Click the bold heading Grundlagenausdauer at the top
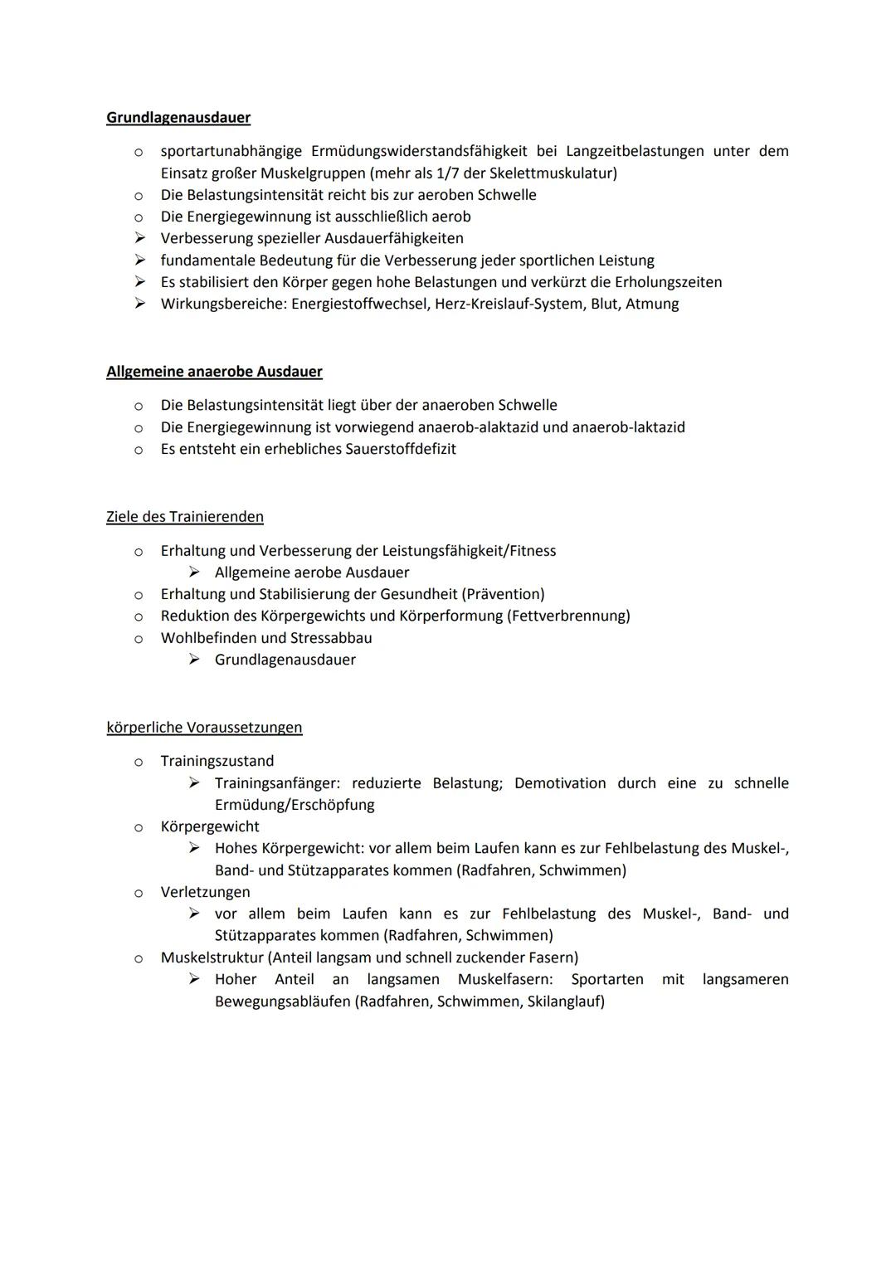178,118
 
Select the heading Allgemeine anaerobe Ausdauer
214,372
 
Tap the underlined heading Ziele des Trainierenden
185,517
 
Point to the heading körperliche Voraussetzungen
204,728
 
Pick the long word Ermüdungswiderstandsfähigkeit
419,151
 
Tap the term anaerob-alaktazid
480,427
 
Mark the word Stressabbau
331,638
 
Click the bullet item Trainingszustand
217,761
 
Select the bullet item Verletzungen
205,892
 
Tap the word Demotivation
560,783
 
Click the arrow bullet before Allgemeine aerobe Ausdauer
194,573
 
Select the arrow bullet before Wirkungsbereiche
139,304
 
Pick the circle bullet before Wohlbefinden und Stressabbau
139,639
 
